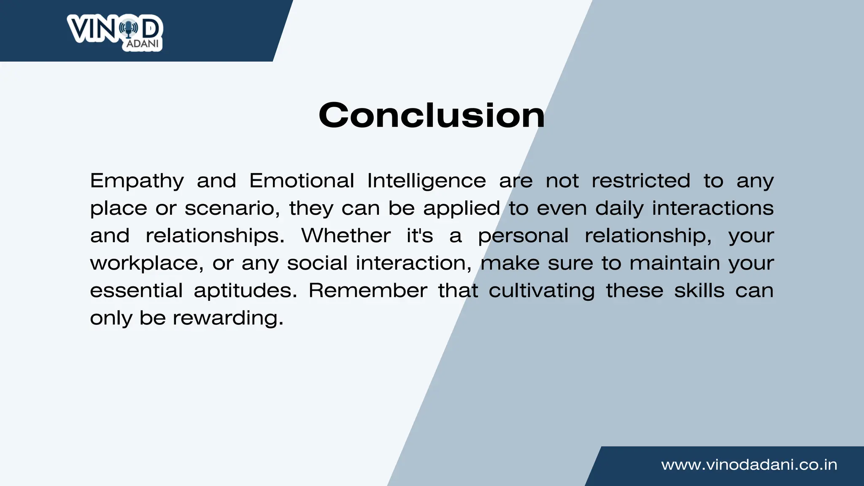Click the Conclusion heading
tap(432, 115)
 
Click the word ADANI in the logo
tap(143, 44)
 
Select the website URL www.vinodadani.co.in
tap(749, 464)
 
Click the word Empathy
tap(137, 181)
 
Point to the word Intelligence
tap(426, 181)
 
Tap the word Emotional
tap(302, 181)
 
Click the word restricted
tap(640, 181)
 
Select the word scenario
tap(232, 208)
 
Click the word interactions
tap(713, 208)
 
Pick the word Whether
tap(346, 235)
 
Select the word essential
tap(136, 291)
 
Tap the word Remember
tap(368, 291)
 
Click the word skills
tap(699, 291)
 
